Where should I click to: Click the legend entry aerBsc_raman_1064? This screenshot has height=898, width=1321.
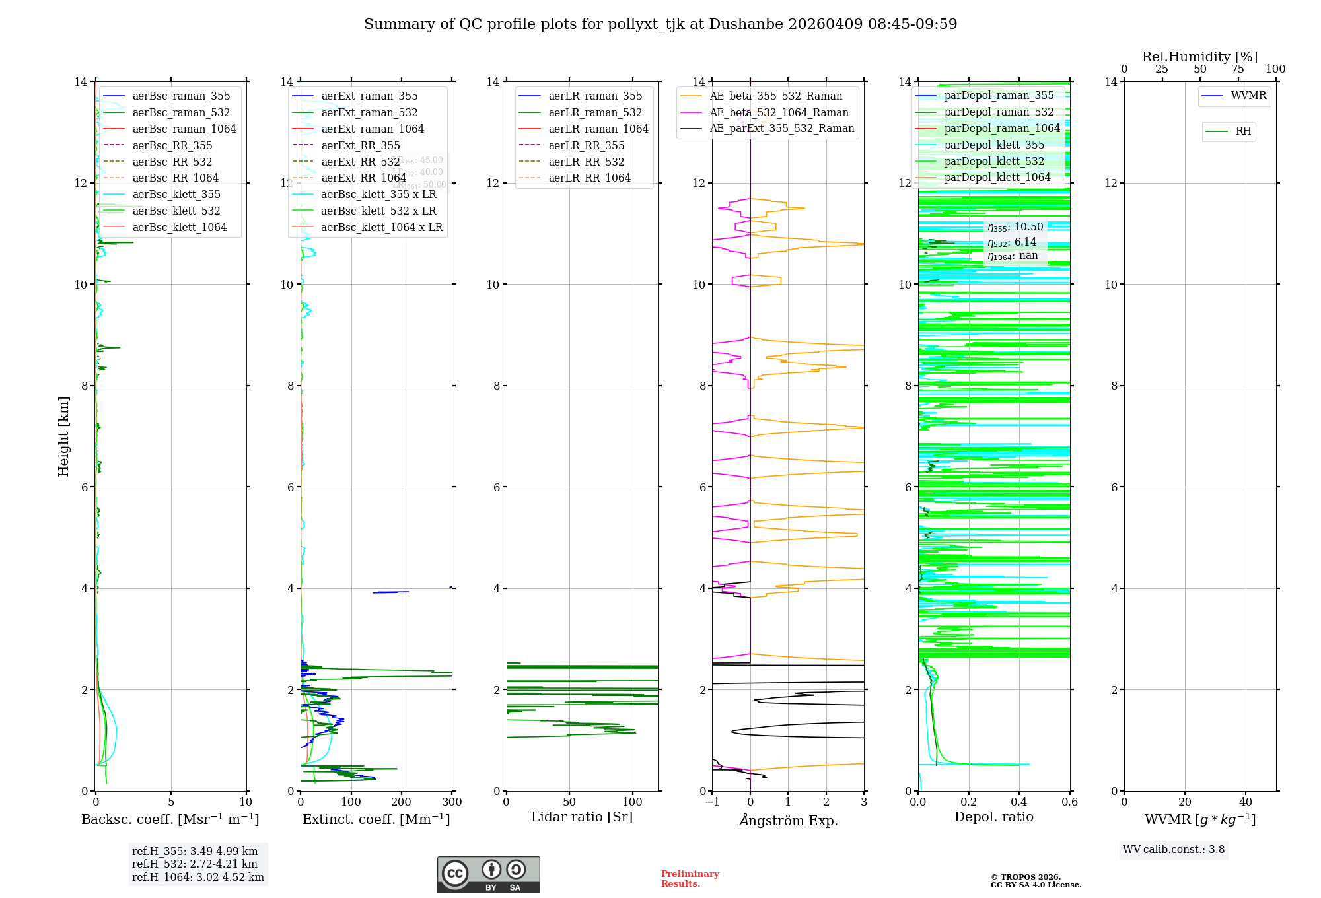click(184, 129)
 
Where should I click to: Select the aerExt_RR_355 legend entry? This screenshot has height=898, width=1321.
click(361, 145)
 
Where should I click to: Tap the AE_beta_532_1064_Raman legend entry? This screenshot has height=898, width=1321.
click(779, 112)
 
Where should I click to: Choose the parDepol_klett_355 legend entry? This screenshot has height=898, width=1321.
click(994, 145)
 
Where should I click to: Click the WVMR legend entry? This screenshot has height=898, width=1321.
click(1248, 96)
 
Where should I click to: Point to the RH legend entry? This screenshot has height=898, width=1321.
click(1243, 131)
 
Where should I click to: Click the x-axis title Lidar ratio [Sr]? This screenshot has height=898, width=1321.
click(582, 817)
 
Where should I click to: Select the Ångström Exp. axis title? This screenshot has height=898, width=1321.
click(788, 820)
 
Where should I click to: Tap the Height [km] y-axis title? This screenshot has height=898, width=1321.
click(63, 436)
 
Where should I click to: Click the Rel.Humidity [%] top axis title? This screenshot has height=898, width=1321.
click(1199, 57)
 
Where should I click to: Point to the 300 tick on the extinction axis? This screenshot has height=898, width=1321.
click(452, 802)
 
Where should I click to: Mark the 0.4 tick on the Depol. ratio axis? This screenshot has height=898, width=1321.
click(1019, 802)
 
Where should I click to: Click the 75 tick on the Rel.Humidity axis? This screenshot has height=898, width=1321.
click(1238, 69)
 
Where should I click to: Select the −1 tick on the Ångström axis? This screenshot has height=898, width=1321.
click(712, 802)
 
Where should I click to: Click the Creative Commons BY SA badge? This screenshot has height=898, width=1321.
click(488, 874)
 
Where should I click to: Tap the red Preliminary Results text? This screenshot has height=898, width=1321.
click(690, 878)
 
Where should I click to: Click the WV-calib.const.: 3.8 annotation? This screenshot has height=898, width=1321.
click(1174, 850)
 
